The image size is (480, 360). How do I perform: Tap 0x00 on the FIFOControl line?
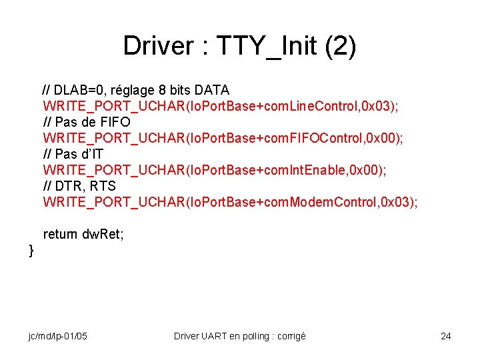pyautogui.click(x=377, y=138)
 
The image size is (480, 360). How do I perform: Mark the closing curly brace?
pyautogui.click(x=31, y=251)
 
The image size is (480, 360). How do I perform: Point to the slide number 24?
pyautogui.click(x=445, y=336)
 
